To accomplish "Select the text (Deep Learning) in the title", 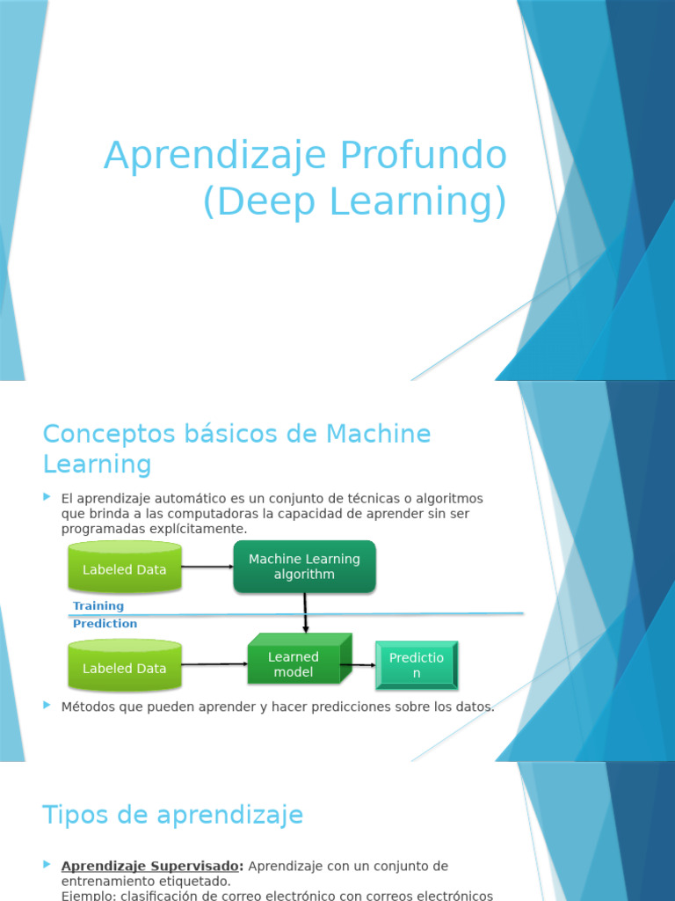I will (x=355, y=201).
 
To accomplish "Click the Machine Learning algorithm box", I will (x=304, y=567).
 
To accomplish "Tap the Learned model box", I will (x=294, y=664).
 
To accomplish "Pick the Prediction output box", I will (x=417, y=665).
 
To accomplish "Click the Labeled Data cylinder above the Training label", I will (x=125, y=568).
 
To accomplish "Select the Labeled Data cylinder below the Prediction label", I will (x=125, y=668).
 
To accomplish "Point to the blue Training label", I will (x=98, y=606).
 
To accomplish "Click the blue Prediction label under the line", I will (x=105, y=624).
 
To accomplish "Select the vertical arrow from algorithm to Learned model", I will (x=305, y=612).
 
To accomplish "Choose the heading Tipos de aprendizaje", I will (x=172, y=815).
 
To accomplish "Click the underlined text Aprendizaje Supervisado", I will (x=152, y=867).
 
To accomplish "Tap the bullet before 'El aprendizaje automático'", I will (x=47, y=498).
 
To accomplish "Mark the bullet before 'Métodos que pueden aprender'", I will (x=47, y=706).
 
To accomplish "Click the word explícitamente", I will (x=203, y=529).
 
